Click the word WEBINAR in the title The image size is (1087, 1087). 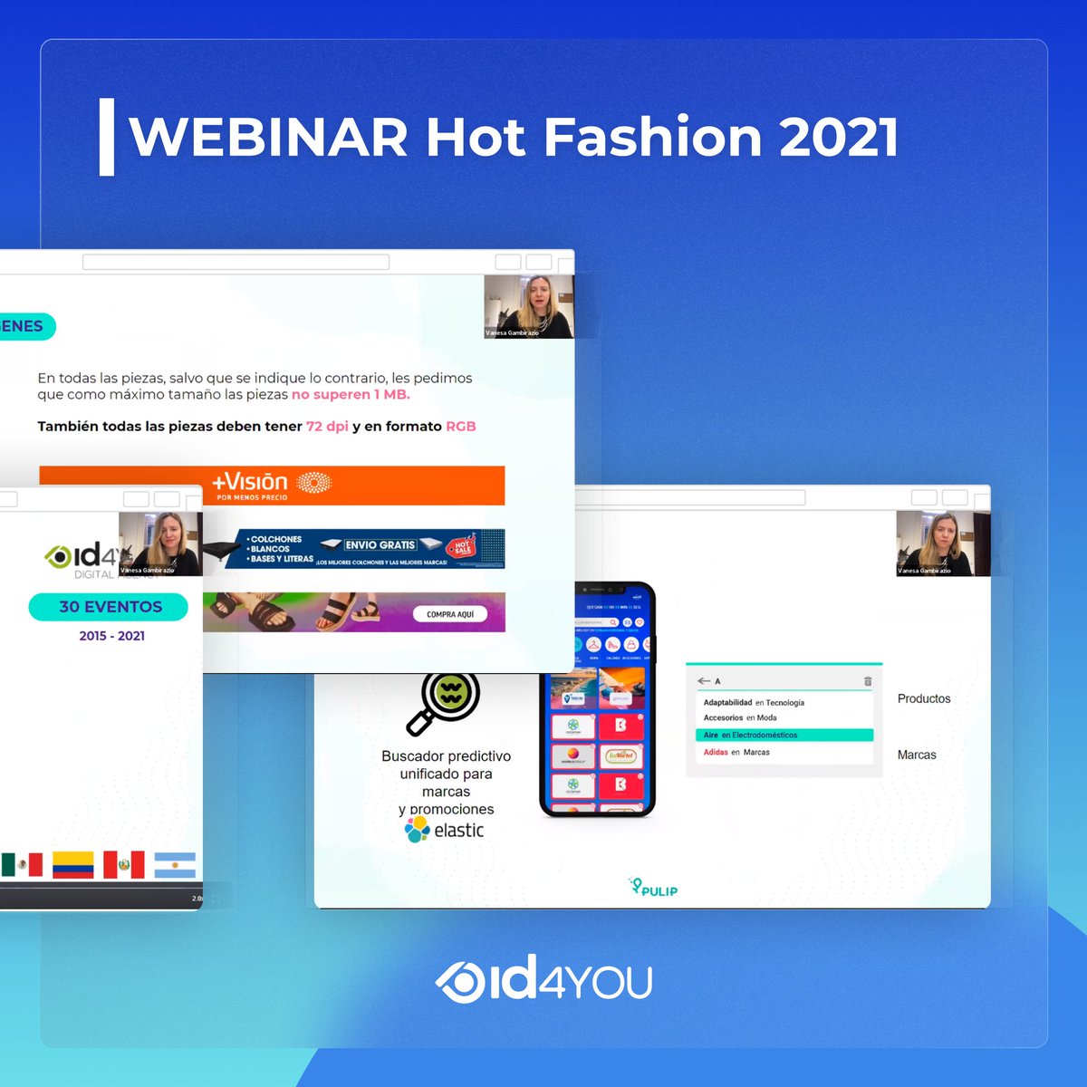269,138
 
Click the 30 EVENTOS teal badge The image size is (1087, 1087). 109,607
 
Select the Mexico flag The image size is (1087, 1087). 22,864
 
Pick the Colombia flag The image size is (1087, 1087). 72,864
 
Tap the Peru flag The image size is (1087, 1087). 123,864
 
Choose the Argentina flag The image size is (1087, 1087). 175,864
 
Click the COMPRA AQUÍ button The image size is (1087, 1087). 450,614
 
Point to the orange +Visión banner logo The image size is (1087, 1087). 271,485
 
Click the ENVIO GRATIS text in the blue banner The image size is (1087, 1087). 380,545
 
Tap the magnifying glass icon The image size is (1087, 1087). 443,703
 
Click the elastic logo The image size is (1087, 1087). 445,830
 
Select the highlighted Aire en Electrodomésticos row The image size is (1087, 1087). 784,736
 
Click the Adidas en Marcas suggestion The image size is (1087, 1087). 736,752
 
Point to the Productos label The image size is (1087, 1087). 924,698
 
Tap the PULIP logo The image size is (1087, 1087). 654,888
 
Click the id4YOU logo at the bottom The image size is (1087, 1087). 543,980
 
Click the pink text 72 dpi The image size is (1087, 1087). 327,426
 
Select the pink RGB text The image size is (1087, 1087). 460,426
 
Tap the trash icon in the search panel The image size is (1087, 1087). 868,680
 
